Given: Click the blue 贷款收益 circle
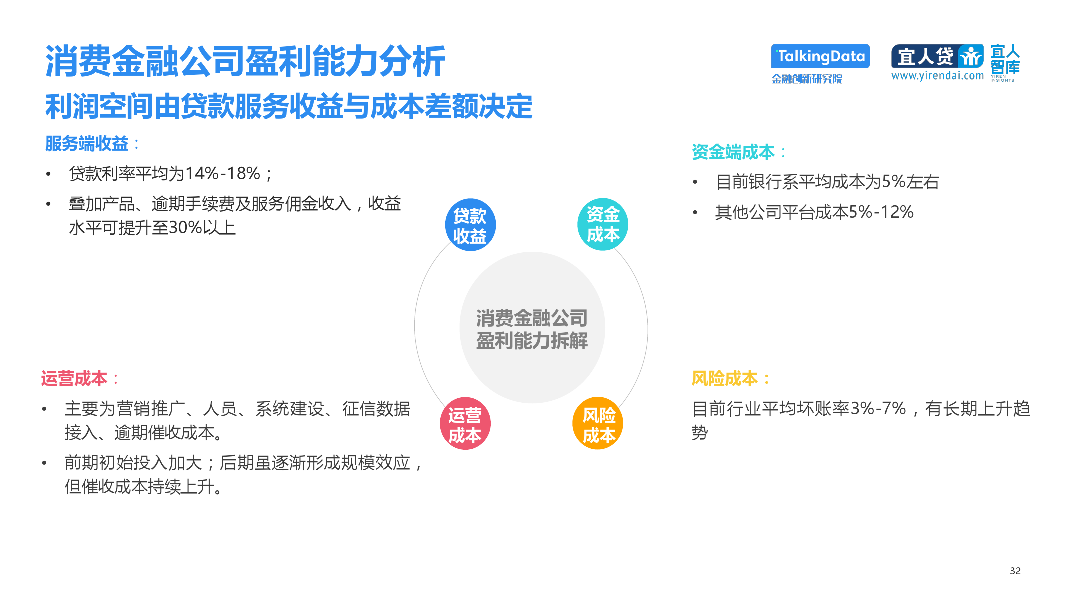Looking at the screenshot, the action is coord(470,225).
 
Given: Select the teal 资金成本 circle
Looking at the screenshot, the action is coord(603,224).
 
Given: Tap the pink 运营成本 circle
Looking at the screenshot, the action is coord(465,423).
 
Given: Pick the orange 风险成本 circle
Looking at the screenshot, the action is coord(598,423).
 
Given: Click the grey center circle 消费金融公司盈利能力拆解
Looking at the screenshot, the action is coord(532,328).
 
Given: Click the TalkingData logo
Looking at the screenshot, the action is coord(820,56).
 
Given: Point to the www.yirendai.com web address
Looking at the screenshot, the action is coord(937,76).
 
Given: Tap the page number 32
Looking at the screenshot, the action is coord(1015,571).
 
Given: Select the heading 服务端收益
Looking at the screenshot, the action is coord(87,144).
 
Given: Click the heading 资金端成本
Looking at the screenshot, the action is coord(733,152).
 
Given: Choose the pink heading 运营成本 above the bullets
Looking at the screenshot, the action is coord(74,379).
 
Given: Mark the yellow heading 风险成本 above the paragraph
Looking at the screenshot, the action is coord(725,379).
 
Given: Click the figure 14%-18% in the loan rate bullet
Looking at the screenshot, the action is coord(223,174).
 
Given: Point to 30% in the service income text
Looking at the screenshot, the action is coord(185,228).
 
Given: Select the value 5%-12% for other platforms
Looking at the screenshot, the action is coord(881,212).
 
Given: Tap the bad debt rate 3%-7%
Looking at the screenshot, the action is coord(878,409).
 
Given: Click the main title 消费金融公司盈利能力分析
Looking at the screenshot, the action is coord(245,62).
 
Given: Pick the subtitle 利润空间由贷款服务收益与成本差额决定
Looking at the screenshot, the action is coord(289,106).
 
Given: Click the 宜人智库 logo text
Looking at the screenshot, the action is coord(1005,60).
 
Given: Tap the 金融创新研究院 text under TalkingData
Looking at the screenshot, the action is coord(807,79).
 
